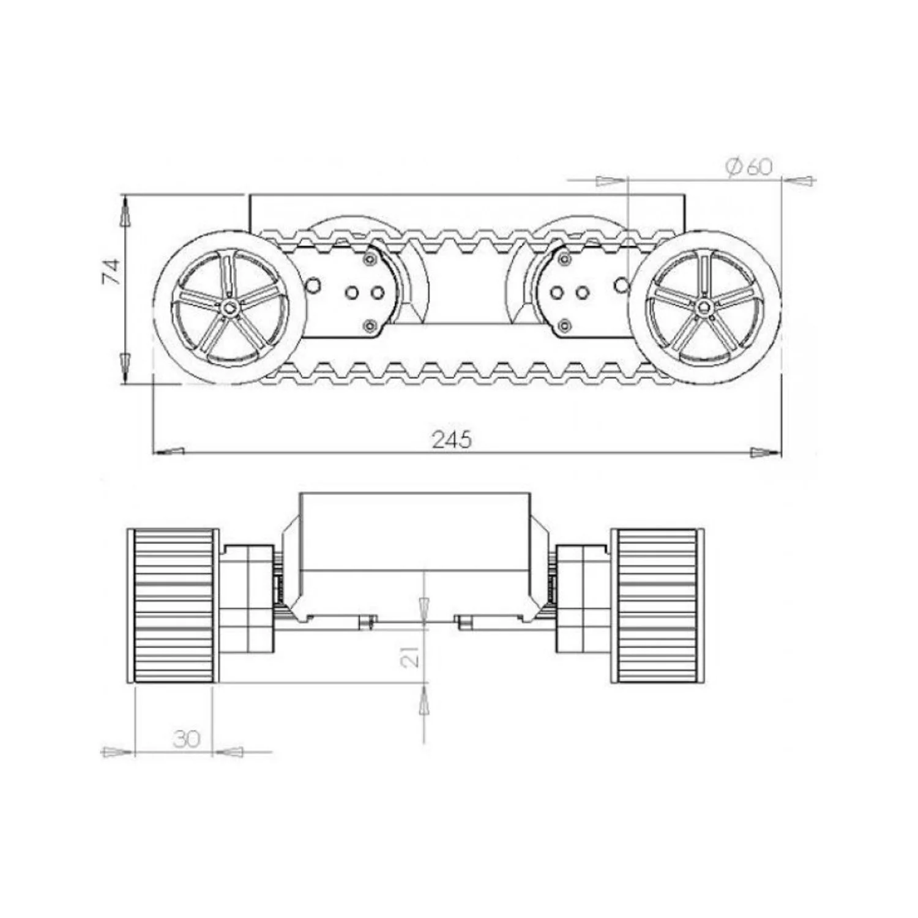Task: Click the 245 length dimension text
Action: point(452,440)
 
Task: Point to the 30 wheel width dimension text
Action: point(187,739)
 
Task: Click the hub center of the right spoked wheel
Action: point(705,308)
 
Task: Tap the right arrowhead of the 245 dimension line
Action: point(766,452)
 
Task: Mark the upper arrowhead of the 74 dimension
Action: point(124,212)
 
